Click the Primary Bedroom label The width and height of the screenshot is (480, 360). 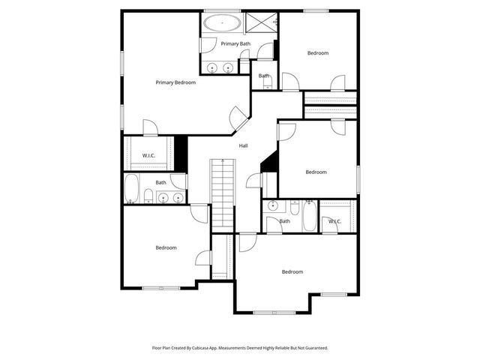[175, 82]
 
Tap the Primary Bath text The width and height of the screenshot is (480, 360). [235, 44]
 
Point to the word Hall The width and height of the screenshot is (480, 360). [244, 145]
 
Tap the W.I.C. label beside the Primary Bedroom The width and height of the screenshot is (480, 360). [148, 156]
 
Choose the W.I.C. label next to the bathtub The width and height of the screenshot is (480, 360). [334, 221]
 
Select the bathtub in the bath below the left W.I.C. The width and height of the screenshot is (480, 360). [132, 188]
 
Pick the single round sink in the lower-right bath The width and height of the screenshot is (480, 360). [273, 205]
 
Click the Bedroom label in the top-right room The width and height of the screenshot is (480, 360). [318, 52]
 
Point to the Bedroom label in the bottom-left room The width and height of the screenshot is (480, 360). [166, 248]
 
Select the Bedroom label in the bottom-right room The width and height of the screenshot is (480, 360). [292, 271]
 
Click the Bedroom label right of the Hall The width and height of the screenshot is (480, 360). [316, 172]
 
